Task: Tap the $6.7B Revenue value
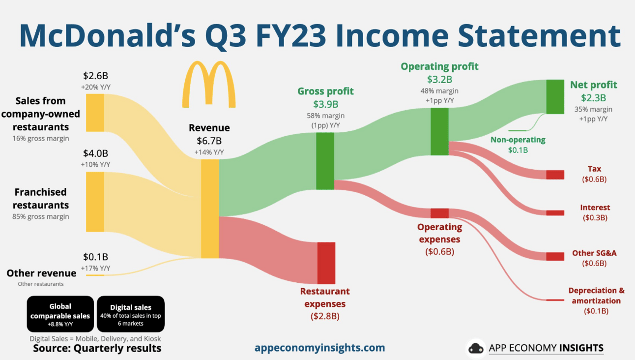209,141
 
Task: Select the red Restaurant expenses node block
326,263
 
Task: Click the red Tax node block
555,175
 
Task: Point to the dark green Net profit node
555,97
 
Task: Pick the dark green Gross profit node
325,161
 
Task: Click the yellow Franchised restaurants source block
95,202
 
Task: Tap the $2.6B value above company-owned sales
95,76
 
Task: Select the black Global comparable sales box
60,314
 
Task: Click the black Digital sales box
131,314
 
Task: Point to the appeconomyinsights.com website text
320,348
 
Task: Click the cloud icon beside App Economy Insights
476,348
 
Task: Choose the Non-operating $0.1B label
518,145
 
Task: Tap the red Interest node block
555,213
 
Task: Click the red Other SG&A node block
555,256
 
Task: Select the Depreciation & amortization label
597,295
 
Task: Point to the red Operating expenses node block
439,213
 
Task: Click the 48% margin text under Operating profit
439,91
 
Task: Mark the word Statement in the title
539,36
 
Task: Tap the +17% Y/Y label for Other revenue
95,268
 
